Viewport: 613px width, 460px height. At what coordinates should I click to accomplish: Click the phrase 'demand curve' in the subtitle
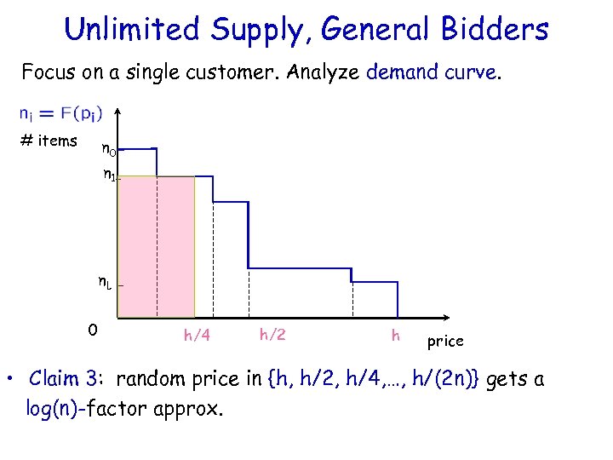pos(431,72)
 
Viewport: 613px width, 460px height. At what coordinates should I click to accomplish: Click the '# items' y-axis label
pos(49,141)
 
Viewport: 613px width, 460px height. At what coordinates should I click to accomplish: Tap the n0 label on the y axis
pos(109,151)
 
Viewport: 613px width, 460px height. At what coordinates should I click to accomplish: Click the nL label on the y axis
pos(105,284)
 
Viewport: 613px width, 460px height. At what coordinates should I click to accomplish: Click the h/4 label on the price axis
pos(197,336)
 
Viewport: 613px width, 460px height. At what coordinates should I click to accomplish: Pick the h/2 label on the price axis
pos(272,335)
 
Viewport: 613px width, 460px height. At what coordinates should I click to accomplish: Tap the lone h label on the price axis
pos(395,335)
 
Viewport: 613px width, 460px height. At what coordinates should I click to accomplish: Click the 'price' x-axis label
pos(445,341)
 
